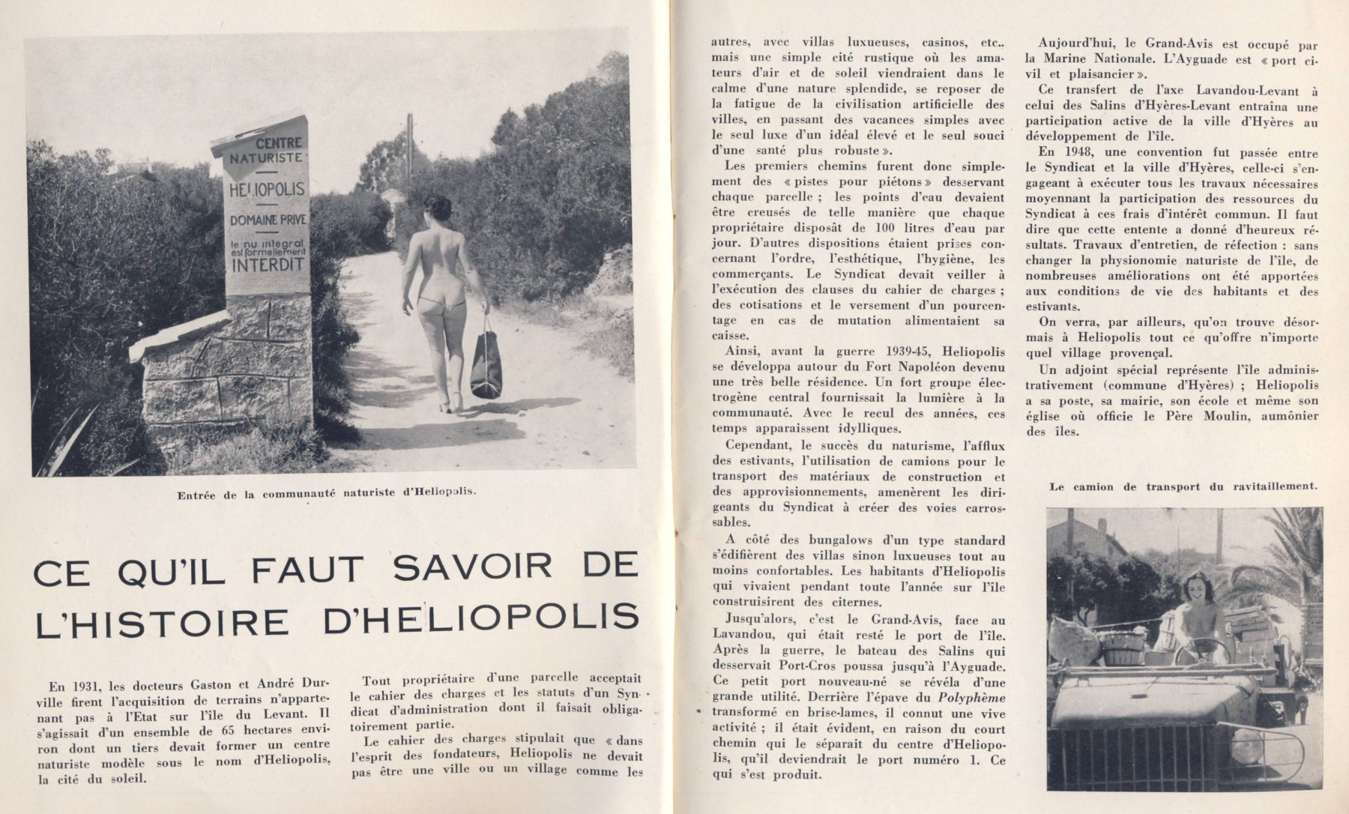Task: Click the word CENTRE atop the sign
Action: pyautogui.click(x=278, y=142)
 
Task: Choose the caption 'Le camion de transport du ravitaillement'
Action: pyautogui.click(x=1183, y=486)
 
